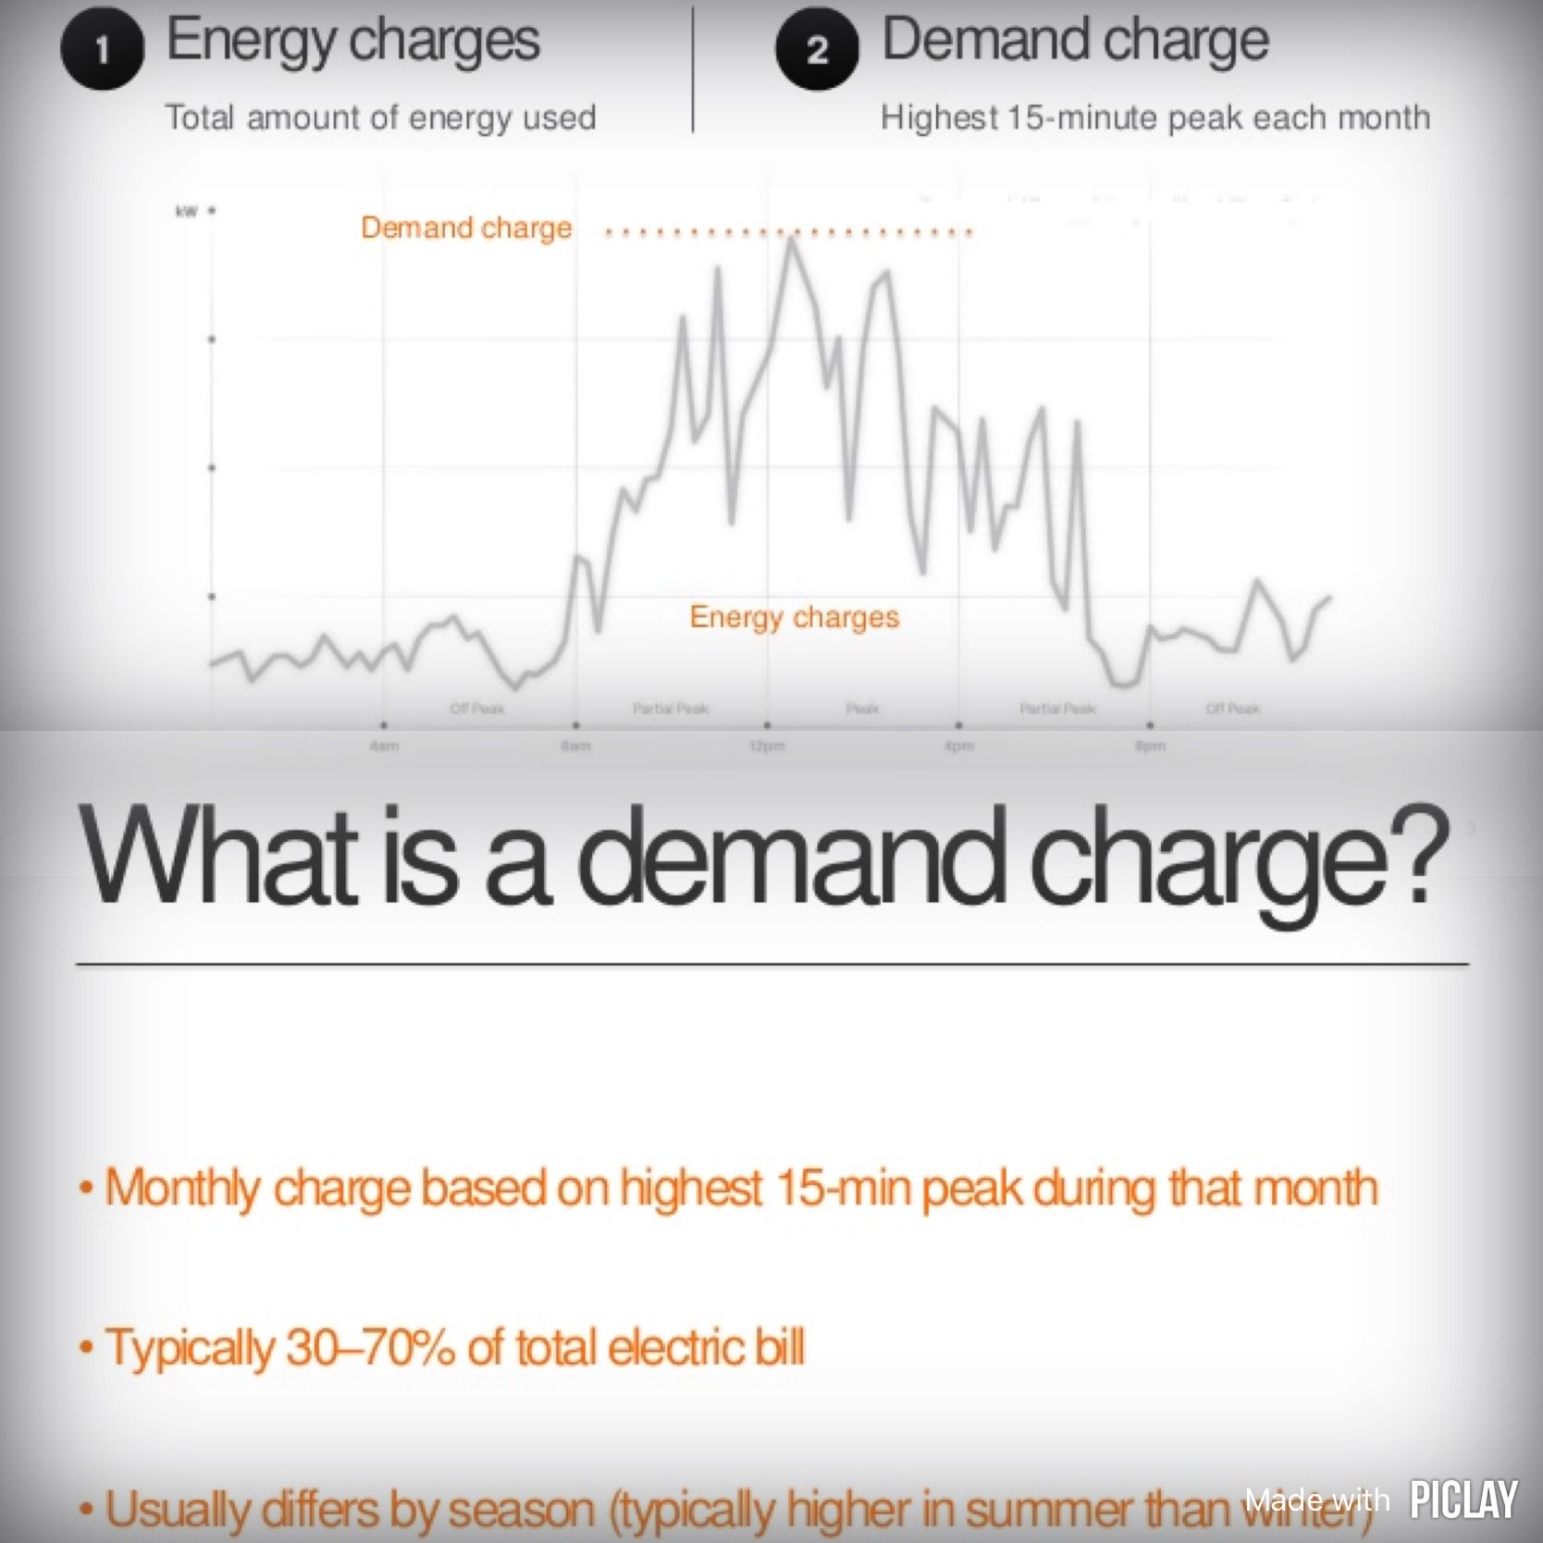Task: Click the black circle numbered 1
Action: pos(102,49)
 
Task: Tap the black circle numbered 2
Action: pos(817,49)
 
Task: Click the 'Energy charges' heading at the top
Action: pos(352,41)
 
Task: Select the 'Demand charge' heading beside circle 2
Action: pos(1075,41)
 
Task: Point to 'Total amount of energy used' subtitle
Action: pos(380,117)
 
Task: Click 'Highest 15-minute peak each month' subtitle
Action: pos(1155,117)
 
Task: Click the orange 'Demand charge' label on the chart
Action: pos(466,228)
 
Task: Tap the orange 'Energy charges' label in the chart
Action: pos(794,616)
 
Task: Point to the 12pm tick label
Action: pos(767,746)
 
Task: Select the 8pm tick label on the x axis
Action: pos(1150,746)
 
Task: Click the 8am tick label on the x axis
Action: pos(575,746)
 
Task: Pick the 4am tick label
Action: pos(384,746)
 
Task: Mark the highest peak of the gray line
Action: pos(792,240)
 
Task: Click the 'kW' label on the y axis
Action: pos(186,212)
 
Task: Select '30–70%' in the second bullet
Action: pos(370,1347)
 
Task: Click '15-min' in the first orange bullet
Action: pos(843,1188)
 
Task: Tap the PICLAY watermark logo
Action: pos(1463,1500)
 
